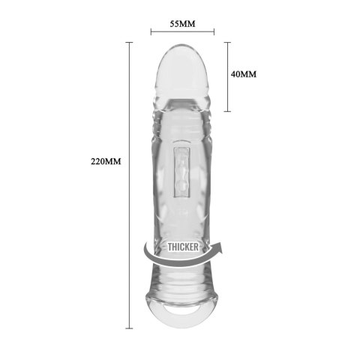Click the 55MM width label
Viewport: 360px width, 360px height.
(182, 23)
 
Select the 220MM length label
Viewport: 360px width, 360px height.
(106, 161)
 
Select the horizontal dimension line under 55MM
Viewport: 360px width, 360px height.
(182, 32)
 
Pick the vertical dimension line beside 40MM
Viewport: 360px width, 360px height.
(228, 75)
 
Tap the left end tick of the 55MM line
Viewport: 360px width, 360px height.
(151, 32)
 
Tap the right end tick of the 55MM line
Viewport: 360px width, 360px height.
(214, 32)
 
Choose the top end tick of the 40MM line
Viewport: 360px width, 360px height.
(228, 42)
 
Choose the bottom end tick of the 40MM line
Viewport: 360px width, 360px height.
(228, 110)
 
